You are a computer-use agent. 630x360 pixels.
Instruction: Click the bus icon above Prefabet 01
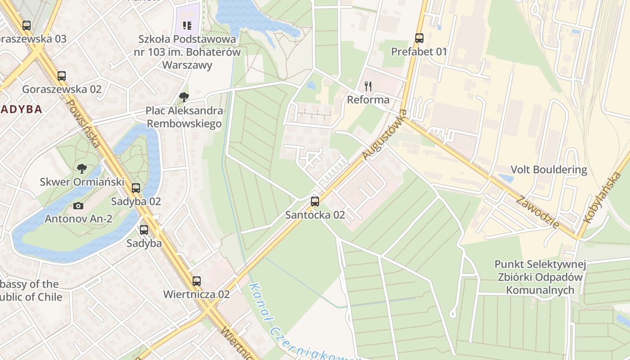(x=419, y=38)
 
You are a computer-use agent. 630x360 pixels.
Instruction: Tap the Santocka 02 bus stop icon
(x=315, y=201)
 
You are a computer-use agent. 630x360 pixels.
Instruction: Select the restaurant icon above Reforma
(x=368, y=86)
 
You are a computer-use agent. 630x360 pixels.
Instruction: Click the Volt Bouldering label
(x=549, y=170)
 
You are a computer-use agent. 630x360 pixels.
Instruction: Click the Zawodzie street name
(x=538, y=212)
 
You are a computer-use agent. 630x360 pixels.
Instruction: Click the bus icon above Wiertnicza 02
(x=197, y=281)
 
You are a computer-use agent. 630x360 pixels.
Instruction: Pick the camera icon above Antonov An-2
(x=78, y=206)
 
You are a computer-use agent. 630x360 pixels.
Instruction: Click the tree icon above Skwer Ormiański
(x=81, y=169)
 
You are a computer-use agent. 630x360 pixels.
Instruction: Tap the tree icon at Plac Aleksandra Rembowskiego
(x=184, y=97)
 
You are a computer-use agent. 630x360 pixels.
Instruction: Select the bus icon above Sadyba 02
(x=136, y=188)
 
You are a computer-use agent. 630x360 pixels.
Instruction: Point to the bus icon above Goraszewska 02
(x=62, y=76)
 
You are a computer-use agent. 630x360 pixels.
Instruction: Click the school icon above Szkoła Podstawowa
(x=187, y=25)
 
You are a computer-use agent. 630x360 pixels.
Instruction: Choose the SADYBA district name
(x=21, y=109)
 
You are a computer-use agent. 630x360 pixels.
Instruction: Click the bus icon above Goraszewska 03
(x=27, y=25)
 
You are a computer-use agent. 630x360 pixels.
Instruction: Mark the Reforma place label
(x=368, y=99)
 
